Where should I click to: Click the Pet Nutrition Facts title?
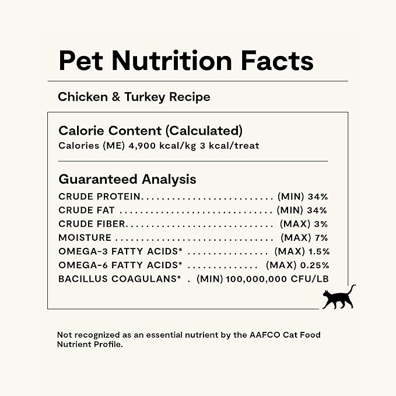(186, 61)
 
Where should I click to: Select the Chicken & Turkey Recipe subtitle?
(134, 97)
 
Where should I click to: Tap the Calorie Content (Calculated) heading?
(150, 131)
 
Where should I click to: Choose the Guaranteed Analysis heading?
(127, 179)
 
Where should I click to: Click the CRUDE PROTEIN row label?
(100, 197)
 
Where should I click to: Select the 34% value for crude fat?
(318, 211)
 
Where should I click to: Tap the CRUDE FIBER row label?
(92, 224)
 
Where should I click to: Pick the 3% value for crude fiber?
(321, 224)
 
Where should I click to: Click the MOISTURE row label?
(85, 238)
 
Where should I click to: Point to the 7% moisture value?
(321, 238)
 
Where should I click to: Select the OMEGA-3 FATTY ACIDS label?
(121, 251)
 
